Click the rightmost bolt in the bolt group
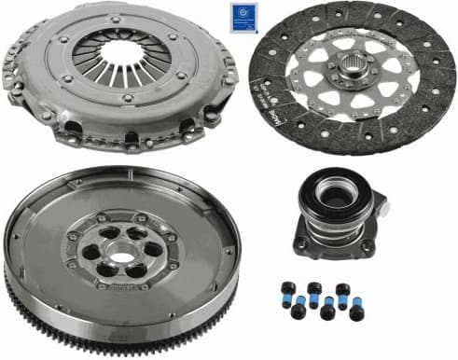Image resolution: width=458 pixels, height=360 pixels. coord(357,313)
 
